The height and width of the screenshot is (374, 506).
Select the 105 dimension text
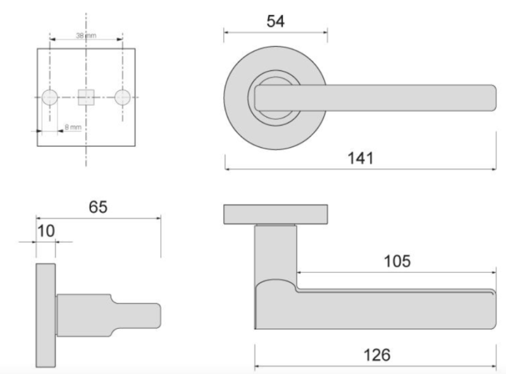click(x=397, y=260)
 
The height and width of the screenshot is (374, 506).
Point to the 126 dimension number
click(x=376, y=355)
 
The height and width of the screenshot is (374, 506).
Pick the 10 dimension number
click(x=46, y=231)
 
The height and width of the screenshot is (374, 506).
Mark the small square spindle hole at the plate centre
click(x=86, y=97)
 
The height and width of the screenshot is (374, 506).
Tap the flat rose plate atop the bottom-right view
click(x=276, y=214)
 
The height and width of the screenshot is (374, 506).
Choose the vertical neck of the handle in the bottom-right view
click(x=276, y=253)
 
